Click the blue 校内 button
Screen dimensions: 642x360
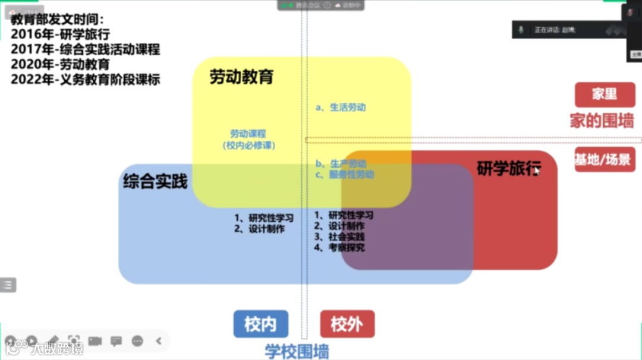coord(260,324)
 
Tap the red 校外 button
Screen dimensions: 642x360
coord(347,324)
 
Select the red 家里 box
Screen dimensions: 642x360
coord(605,94)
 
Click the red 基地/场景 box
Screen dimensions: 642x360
coord(605,159)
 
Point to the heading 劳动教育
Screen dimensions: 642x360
coord(241,77)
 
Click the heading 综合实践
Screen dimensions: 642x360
coord(155,181)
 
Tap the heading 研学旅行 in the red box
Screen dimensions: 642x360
coord(509,169)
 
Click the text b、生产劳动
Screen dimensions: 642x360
coord(341,163)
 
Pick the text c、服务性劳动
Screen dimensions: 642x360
coord(345,175)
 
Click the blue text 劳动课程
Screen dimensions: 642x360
coord(248,134)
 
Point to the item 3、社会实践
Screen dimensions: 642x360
coord(339,236)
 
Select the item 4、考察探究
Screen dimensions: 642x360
coord(339,247)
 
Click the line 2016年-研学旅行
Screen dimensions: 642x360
coord(60,34)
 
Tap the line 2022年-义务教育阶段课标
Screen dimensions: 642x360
coord(86,80)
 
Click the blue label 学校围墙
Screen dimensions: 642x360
coord(297,351)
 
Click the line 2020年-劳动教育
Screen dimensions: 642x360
coord(60,65)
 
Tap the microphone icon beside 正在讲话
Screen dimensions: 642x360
coord(521,30)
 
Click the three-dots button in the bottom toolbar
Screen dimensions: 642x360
coord(137,341)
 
